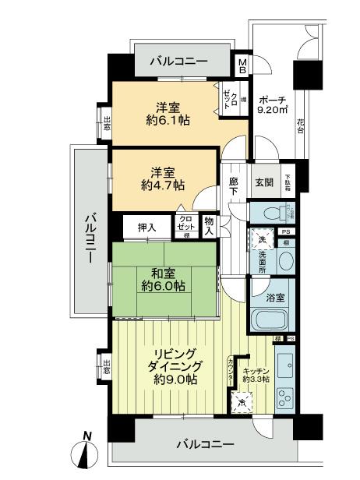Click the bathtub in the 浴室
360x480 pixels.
271,319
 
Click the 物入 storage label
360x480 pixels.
209,226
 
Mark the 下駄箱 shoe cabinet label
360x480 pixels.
287,182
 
